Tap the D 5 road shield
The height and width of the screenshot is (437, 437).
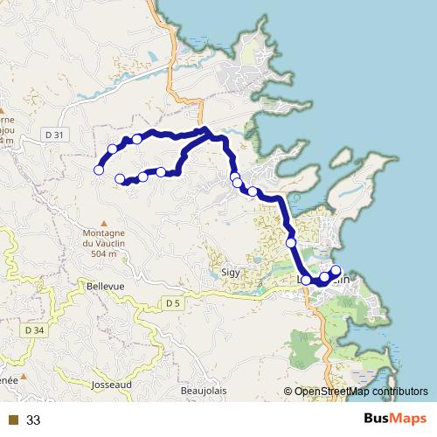tap(172, 302)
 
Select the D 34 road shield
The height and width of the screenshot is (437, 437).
tap(35, 330)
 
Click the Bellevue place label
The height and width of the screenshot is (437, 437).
tap(106, 286)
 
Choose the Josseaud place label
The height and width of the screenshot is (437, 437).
tap(111, 384)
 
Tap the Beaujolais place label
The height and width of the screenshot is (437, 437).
tap(202, 390)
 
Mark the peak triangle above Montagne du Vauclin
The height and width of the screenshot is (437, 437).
tap(104, 222)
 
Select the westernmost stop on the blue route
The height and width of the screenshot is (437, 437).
tap(99, 170)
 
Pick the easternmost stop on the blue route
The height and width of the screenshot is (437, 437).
tap(336, 271)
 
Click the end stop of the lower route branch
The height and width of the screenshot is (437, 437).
tap(120, 179)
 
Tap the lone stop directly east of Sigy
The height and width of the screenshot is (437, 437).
tap(291, 242)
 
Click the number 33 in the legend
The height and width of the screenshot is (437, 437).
tap(34, 420)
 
